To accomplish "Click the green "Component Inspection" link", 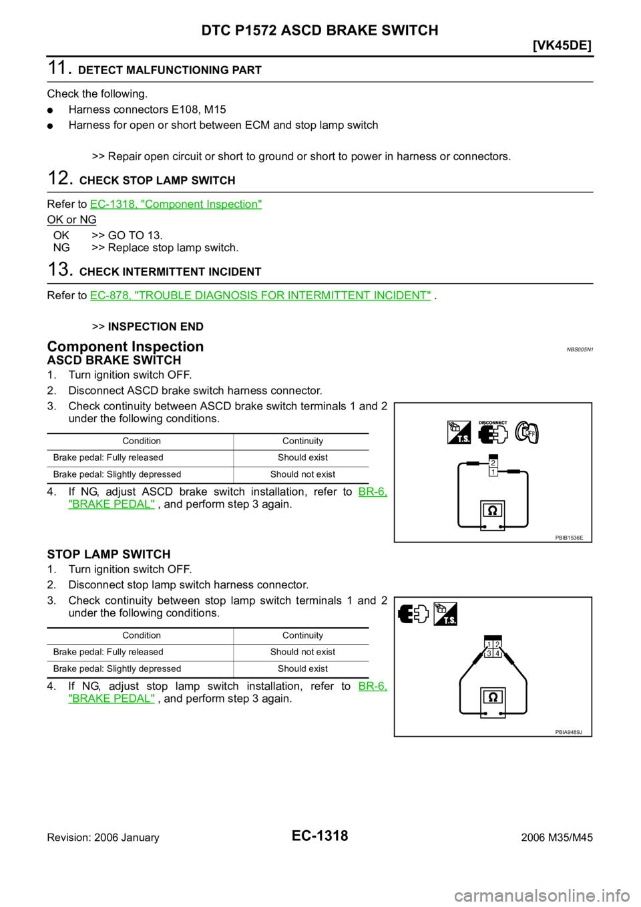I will tap(176, 204).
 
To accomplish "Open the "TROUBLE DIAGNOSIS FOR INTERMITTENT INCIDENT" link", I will tap(260, 295).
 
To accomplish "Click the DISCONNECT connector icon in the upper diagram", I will tap(492, 432).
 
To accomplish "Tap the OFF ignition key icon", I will tap(527, 433).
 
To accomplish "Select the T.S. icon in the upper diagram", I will tap(459, 432).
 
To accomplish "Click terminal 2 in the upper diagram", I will tap(493, 463).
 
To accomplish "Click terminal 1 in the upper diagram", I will tap(493, 472).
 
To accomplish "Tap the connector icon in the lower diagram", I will tap(413, 614).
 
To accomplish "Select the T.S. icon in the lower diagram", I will tap(445, 614).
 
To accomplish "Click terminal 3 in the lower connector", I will tap(489, 653).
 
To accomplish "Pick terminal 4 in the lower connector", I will tap(497, 653).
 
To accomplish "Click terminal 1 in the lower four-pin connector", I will tap(489, 645).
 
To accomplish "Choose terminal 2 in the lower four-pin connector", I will tap(497, 645).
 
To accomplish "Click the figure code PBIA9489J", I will tap(568, 732).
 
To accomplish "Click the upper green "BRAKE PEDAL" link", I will tap(112, 504).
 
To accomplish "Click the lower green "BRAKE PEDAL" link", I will tap(112, 699).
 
